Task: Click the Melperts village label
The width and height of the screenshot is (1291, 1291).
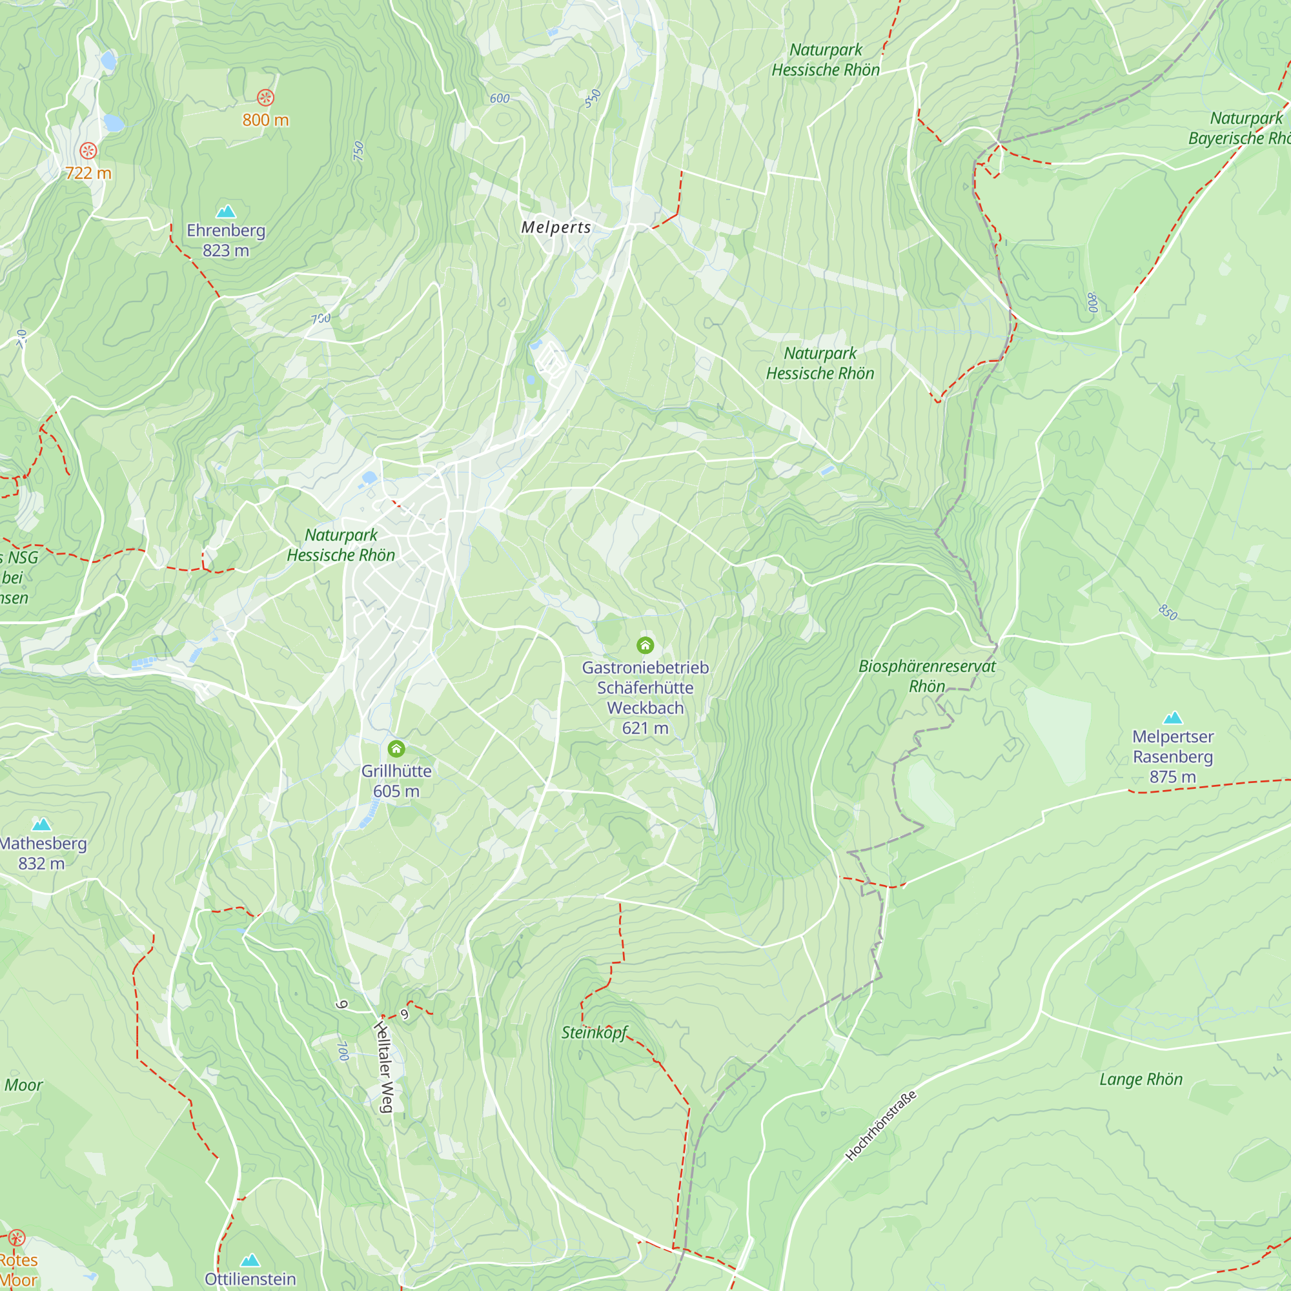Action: click(x=556, y=227)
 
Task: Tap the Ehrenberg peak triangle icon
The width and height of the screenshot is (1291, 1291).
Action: click(x=226, y=212)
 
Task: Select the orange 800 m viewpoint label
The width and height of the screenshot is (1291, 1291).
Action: click(x=265, y=120)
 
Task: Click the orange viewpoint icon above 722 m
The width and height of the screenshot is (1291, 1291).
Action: click(x=88, y=150)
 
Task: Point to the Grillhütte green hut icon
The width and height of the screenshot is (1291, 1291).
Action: click(x=396, y=748)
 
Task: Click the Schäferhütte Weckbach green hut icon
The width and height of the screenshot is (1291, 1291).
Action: click(x=645, y=645)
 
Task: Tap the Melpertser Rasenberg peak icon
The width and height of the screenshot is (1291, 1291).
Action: click(x=1173, y=718)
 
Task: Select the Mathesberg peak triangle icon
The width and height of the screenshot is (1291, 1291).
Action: click(x=41, y=824)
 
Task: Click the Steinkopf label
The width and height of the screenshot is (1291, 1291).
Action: click(x=594, y=1032)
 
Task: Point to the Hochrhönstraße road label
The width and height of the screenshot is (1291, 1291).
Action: click(x=880, y=1126)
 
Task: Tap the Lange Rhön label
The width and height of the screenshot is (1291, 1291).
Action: click(x=1141, y=1079)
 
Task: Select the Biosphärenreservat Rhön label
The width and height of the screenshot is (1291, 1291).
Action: click(x=926, y=676)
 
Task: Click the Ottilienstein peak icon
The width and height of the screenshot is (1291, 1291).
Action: click(x=250, y=1260)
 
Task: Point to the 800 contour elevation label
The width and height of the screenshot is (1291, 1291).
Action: click(x=1093, y=303)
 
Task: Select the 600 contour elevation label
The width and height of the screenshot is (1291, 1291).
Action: click(x=500, y=99)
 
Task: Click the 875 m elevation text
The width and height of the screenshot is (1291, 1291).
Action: click(x=1173, y=777)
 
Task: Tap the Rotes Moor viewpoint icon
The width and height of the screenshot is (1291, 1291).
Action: click(x=17, y=1237)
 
